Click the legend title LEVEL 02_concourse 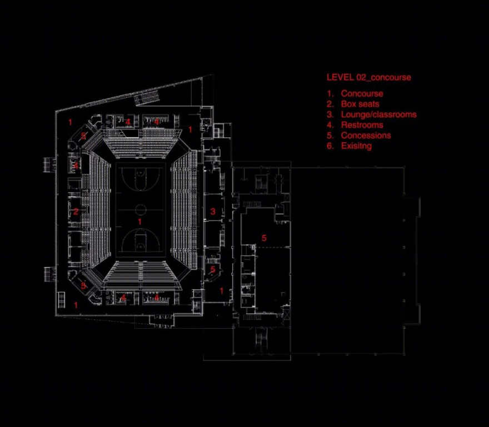(x=368, y=77)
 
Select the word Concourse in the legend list (x=362, y=93)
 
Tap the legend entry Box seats (x=360, y=104)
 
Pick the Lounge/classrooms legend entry (x=378, y=115)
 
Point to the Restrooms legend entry (x=362, y=125)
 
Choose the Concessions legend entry (x=366, y=136)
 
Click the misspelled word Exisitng (x=356, y=146)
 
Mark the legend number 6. (x=330, y=146)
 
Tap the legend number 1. (x=330, y=93)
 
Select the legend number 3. (x=330, y=115)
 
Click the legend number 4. (x=330, y=125)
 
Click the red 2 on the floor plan (x=76, y=212)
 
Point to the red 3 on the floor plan (x=213, y=211)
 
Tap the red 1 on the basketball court (x=139, y=222)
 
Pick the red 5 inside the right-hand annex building (x=264, y=238)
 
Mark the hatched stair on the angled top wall (x=147, y=97)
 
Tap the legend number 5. (x=330, y=136)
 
